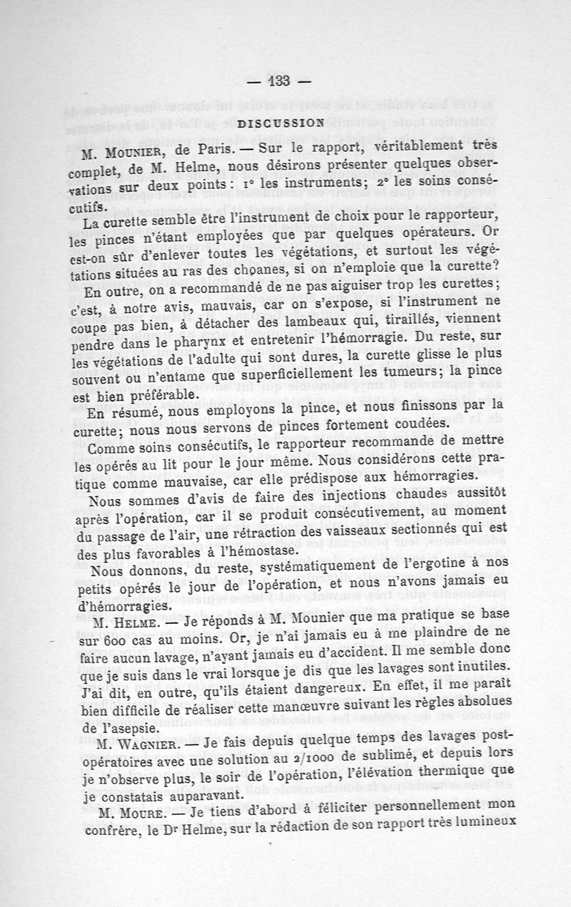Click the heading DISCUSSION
tap(281, 122)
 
